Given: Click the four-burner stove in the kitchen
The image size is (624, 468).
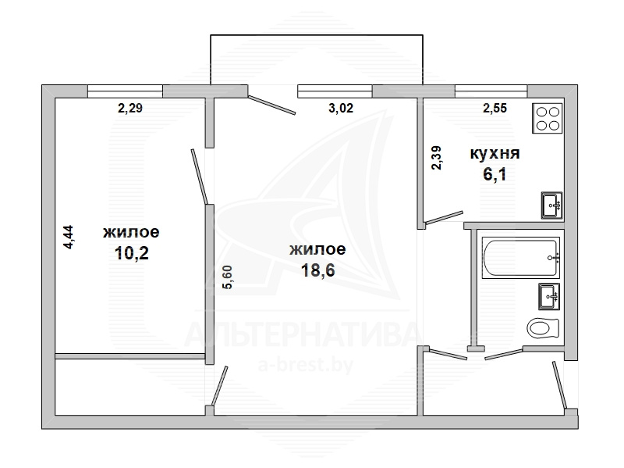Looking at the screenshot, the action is (x=548, y=118).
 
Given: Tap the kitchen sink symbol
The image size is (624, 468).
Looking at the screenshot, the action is (x=552, y=205).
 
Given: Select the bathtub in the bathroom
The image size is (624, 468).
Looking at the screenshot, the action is (x=521, y=258).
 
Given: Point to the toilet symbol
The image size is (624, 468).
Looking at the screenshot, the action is (x=544, y=328).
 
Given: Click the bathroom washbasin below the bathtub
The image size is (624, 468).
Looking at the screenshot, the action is (x=549, y=296).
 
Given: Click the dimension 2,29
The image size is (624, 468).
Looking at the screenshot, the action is (x=130, y=108).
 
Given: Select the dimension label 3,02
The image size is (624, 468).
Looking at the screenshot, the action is (x=341, y=108).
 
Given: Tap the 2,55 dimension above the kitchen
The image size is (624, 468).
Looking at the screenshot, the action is (x=495, y=108).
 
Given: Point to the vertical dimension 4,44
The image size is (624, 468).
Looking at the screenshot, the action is (x=69, y=238).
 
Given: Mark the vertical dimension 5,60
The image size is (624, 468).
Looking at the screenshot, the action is (x=229, y=277).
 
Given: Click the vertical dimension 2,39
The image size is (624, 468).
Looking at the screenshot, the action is (x=437, y=159).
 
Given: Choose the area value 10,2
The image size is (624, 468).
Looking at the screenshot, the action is (x=132, y=252).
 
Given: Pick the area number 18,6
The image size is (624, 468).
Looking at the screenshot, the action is (x=318, y=270).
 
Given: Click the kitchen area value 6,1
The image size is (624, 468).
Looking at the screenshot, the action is (x=495, y=174).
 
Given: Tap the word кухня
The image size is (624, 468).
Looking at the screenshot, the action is (x=495, y=153).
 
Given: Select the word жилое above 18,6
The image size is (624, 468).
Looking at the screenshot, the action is (x=317, y=249).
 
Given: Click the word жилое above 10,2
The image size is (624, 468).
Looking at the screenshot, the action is (x=131, y=232).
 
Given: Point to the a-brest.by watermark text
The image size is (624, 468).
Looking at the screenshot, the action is (x=306, y=364).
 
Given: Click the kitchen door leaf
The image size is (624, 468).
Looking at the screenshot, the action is (x=443, y=217).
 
